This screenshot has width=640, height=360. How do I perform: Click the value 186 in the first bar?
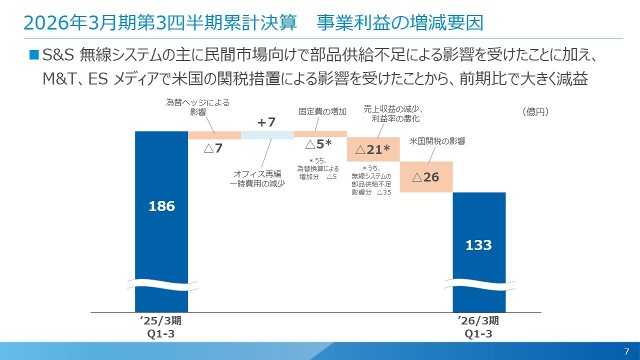coord(161,206)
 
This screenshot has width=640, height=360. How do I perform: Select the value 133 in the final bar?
coord(478,245)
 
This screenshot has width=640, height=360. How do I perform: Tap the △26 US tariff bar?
coord(426,177)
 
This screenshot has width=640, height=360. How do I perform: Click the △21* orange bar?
coord(373,149)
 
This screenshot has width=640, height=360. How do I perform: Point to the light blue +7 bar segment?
coord(267,135)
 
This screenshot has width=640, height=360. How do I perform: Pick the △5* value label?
coord(318,144)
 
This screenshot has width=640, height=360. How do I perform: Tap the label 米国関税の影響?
coord(437,141)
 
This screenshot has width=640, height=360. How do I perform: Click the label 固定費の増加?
coord(322,112)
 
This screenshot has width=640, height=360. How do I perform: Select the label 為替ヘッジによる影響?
coord(198,107)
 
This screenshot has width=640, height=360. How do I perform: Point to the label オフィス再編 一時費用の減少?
coord(257,179)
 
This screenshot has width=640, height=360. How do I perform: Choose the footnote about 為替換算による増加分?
coord(317,168)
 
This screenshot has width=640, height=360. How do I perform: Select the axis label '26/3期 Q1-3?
coord(478,327)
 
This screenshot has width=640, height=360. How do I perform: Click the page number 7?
coord(626,350)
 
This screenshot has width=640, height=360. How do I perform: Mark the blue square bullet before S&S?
coord(34,54)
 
